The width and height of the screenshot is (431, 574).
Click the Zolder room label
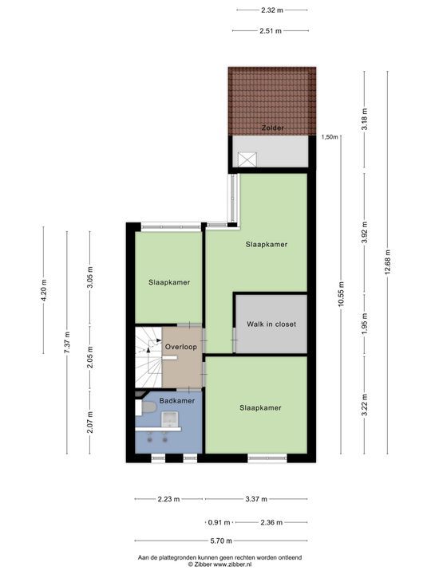tap(272, 128)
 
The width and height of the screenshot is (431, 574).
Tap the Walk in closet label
tap(271, 324)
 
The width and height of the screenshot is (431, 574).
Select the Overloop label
tap(180, 347)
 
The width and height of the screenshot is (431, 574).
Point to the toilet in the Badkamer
tap(147, 408)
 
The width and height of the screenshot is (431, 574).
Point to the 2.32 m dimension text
tap(271, 10)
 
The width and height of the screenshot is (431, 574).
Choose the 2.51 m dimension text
tap(271, 30)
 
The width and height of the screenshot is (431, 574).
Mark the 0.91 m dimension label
tap(219, 522)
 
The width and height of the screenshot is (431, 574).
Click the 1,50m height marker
tap(329, 137)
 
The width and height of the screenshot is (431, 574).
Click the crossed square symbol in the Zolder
tap(247, 158)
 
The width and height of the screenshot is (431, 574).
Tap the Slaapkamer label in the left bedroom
tap(168, 281)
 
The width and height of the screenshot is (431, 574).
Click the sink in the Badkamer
tap(170, 419)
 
